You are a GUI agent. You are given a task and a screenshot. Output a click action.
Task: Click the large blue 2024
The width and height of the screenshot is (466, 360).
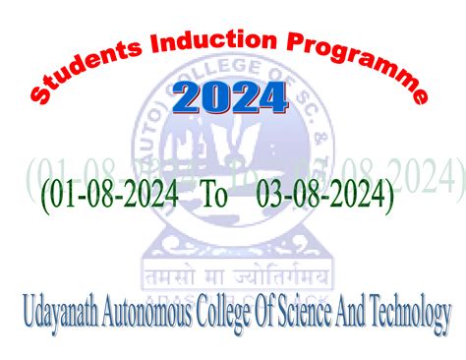pos(230,97)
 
